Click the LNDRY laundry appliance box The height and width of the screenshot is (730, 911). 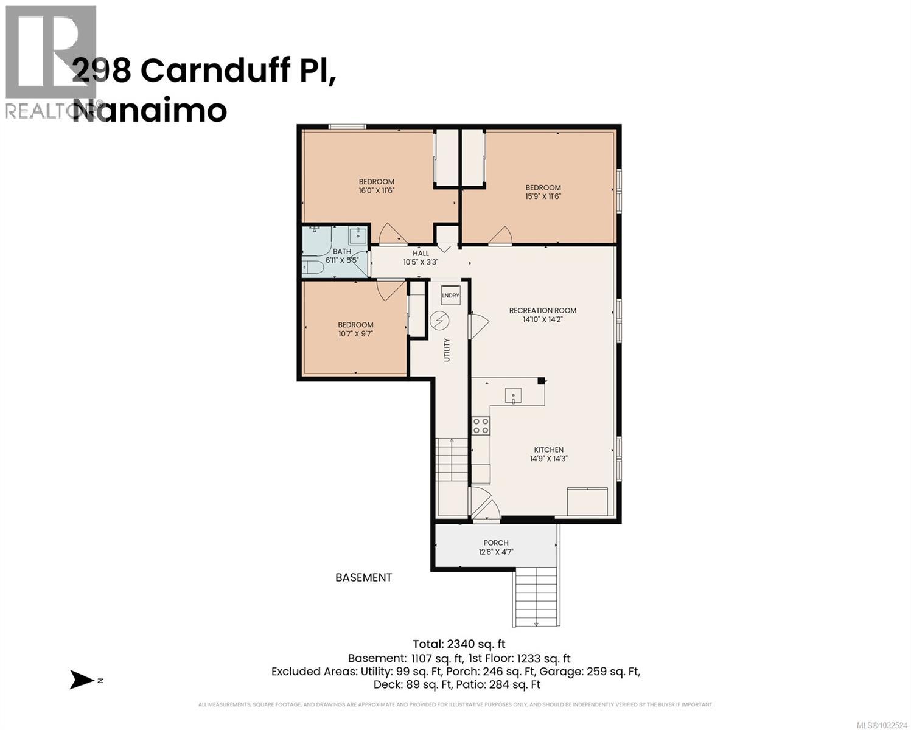coord(450,295)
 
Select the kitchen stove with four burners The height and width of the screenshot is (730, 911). coord(481,425)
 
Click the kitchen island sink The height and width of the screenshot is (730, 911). coord(513,397)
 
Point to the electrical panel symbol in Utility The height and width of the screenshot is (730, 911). coord(439,320)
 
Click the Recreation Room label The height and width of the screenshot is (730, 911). coord(542,310)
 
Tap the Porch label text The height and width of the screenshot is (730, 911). coord(495,543)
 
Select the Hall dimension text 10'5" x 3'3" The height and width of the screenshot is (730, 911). coord(421,262)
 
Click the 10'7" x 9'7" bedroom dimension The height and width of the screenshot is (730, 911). coord(355,333)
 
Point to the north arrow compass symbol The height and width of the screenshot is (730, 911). coord(82,680)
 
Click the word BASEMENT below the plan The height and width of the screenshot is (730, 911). coord(363,577)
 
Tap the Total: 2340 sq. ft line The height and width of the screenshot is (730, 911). coord(459,644)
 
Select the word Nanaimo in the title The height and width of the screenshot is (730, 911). coord(150,111)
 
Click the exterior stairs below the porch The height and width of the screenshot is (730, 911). coord(536,599)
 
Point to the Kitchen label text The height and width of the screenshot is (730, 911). coord(549,450)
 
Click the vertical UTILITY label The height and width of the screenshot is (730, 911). coord(447,350)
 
